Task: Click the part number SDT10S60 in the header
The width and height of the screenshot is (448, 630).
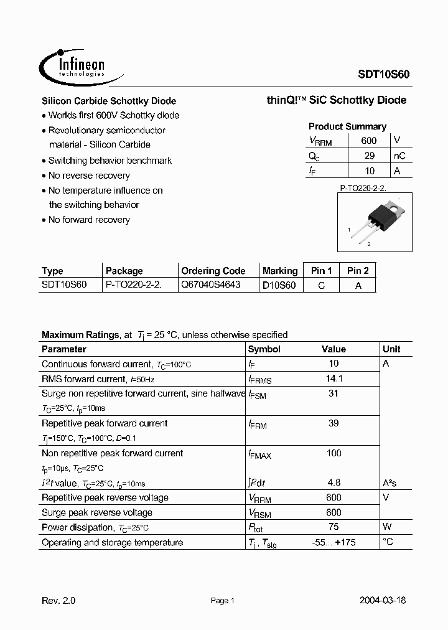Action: [382, 73]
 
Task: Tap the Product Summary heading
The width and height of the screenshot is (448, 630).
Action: [347, 126]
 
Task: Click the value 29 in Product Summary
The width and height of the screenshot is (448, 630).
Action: [369, 156]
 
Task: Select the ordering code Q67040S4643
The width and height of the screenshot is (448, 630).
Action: [210, 284]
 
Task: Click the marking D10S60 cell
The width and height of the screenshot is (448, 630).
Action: [279, 285]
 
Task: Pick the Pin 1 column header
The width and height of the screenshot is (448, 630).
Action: [321, 270]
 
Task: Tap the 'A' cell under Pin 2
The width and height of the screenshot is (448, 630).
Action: [358, 285]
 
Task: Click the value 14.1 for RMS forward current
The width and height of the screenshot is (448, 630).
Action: [334, 378]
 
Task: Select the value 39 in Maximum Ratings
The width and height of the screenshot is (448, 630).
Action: [334, 423]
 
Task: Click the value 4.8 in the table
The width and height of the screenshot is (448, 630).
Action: [334, 482]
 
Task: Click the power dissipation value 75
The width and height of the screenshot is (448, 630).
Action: [334, 527]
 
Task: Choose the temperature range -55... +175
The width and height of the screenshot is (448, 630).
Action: [334, 542]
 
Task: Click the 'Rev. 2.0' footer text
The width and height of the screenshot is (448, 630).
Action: [58, 601]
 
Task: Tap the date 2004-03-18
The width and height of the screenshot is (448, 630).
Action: [383, 601]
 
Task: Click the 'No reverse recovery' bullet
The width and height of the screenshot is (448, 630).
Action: [89, 176]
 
